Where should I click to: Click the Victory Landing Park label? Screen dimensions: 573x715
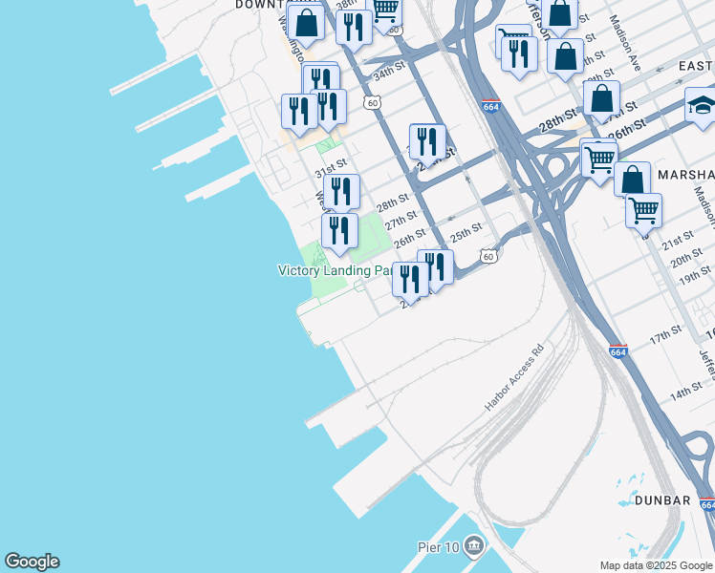[336, 270]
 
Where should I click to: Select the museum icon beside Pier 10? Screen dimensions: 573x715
[474, 546]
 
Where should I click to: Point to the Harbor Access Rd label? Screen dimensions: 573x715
[512, 377]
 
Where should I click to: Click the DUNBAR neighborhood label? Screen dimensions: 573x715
[655, 500]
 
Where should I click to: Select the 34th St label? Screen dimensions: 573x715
[389, 73]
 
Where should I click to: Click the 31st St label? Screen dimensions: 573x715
[330, 164]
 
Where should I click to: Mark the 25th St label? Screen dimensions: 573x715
[466, 232]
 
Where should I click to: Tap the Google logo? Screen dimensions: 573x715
[32, 562]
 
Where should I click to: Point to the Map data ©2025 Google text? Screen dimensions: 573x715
[655, 565]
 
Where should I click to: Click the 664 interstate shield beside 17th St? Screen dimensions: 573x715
[618, 352]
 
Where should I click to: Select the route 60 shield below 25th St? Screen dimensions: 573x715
[488, 256]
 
